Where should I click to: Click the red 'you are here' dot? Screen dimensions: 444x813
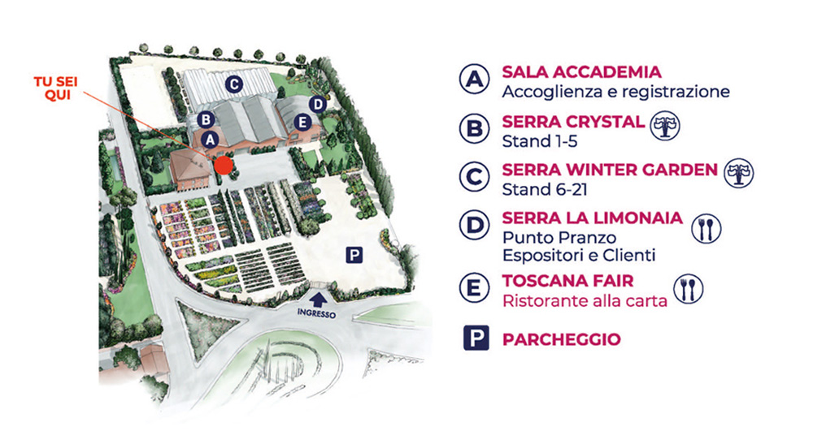[x=224, y=166]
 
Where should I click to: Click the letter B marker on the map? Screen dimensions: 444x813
[x=205, y=119]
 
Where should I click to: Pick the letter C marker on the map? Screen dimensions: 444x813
[x=233, y=83]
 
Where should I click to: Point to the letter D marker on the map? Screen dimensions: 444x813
[x=318, y=104]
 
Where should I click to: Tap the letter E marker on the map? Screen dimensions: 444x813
[x=303, y=123]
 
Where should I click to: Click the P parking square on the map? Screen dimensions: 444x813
[x=354, y=254]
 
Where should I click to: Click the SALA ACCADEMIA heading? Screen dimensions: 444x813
[x=581, y=71]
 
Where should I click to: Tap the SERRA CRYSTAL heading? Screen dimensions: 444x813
[x=573, y=122]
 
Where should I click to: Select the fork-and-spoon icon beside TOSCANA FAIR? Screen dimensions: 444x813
[x=689, y=288]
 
